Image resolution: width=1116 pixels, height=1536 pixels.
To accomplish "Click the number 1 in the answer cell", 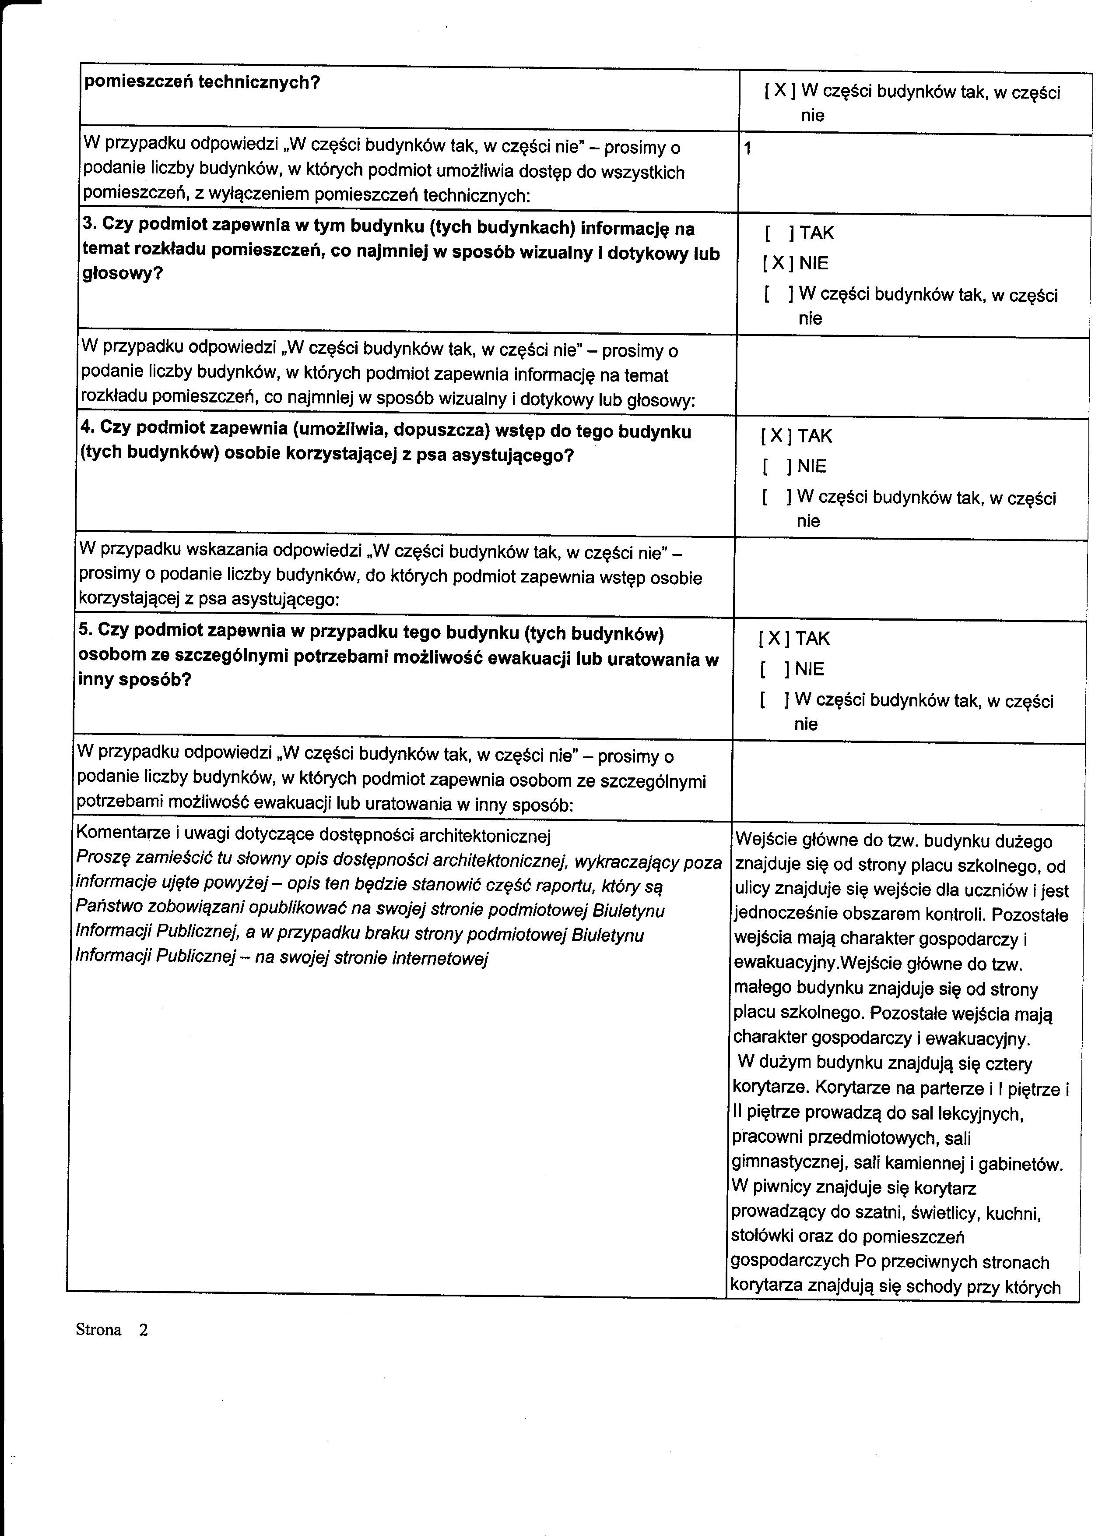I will [747, 149].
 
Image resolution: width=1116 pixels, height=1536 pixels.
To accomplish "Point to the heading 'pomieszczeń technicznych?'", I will [201, 83].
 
